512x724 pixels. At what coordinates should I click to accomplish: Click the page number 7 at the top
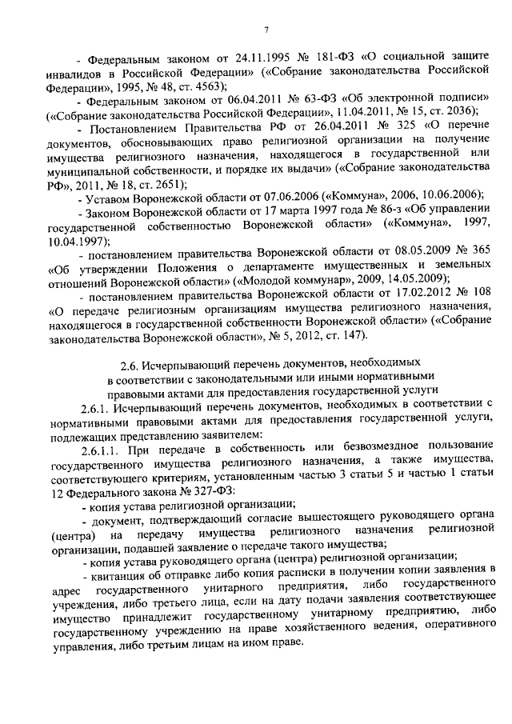click(265, 31)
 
